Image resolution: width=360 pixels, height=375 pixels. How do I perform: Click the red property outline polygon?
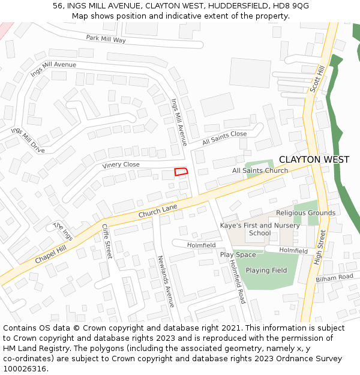tap(181, 172)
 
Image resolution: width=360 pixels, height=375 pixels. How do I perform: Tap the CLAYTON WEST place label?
tap(314, 160)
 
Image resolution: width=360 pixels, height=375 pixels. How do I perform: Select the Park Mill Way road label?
tap(106, 39)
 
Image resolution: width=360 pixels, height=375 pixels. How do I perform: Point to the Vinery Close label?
tap(121, 165)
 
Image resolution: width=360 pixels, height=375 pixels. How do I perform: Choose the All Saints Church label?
tap(260, 171)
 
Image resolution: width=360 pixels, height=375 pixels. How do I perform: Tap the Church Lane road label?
tap(158, 211)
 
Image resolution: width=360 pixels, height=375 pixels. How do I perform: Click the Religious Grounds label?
tap(305, 213)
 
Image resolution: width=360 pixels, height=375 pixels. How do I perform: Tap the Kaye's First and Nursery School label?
tap(260, 229)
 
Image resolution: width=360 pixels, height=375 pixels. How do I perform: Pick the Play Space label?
tap(238, 255)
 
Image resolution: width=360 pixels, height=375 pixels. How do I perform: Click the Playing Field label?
tap(266, 271)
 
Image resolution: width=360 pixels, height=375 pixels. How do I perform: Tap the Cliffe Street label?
tap(107, 241)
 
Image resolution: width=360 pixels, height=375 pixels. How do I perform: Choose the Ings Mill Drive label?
tap(28, 140)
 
